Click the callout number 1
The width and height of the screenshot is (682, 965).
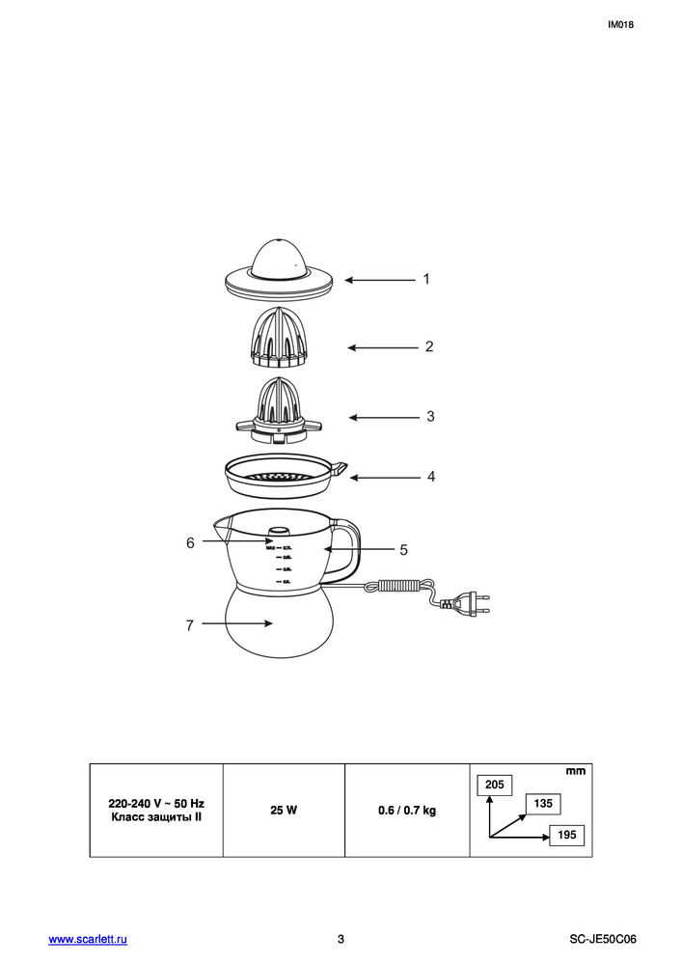pyautogui.click(x=425, y=279)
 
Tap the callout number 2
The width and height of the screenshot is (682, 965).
pyautogui.click(x=429, y=346)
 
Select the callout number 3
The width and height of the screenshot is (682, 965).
pyautogui.click(x=430, y=417)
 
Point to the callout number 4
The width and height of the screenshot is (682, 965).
pyautogui.click(x=431, y=477)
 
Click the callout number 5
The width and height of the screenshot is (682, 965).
pyautogui.click(x=403, y=549)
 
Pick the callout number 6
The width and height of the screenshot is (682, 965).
pyautogui.click(x=190, y=543)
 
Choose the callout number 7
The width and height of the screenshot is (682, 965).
pyautogui.click(x=190, y=625)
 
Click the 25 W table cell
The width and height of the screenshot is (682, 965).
pyautogui.click(x=284, y=811)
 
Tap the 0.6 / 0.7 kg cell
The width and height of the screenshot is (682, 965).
pyautogui.click(x=407, y=811)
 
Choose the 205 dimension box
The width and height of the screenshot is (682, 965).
pyautogui.click(x=495, y=786)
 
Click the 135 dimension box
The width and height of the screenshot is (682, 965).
pyautogui.click(x=543, y=804)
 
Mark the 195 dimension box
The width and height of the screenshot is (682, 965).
pyautogui.click(x=567, y=836)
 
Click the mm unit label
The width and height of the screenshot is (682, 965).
pyautogui.click(x=576, y=771)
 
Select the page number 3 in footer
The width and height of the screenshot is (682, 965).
pyautogui.click(x=341, y=939)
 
